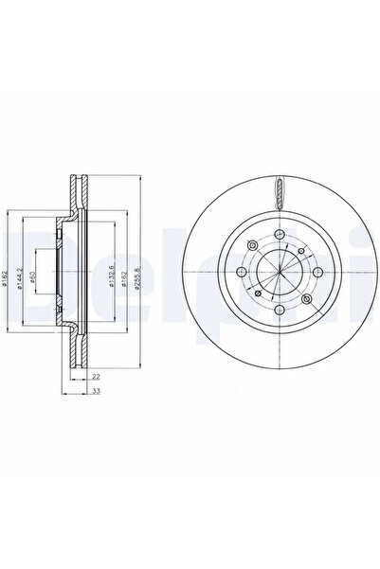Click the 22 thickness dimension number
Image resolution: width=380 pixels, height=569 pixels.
tap(96, 377)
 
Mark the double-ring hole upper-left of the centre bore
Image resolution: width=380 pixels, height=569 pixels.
tap(251, 246)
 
